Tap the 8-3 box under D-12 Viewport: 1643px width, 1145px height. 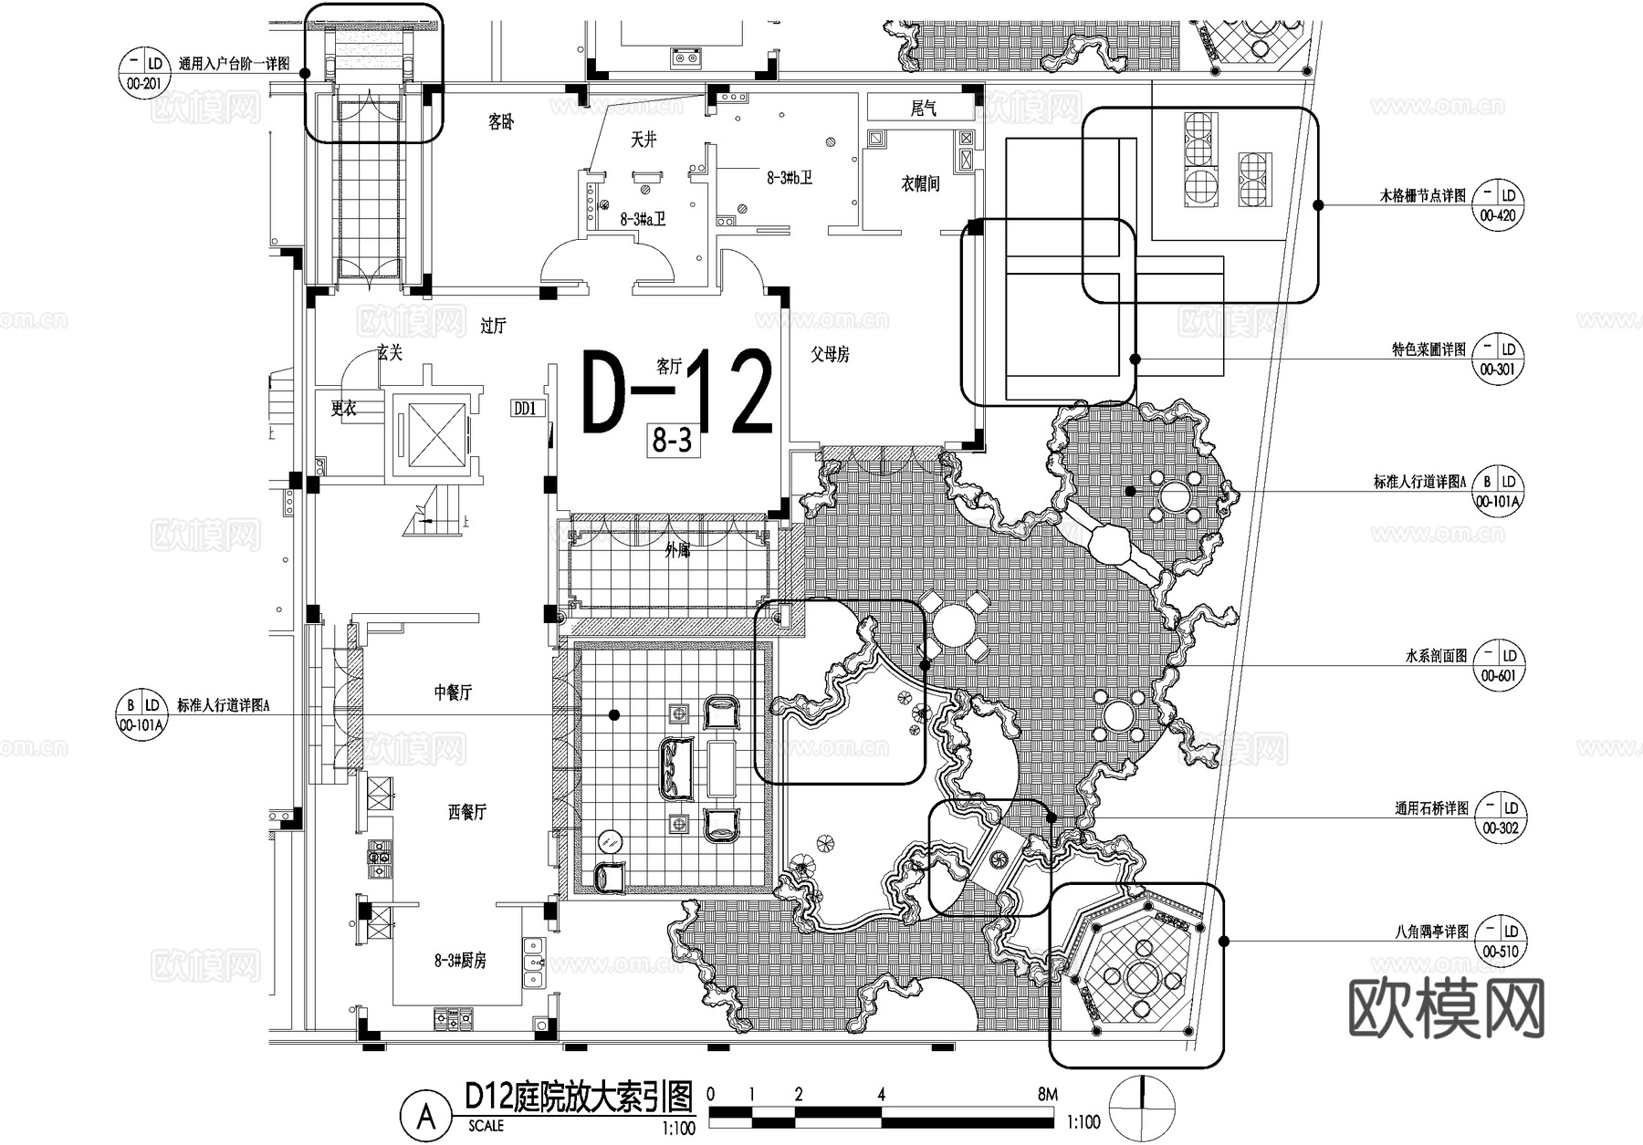(673, 441)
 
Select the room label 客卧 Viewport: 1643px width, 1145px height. (500, 121)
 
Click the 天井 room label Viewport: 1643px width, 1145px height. (644, 140)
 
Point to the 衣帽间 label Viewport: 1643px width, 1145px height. (920, 184)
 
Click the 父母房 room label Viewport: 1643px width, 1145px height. (830, 354)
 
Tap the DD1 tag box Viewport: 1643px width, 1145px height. (526, 408)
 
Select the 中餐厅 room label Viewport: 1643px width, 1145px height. (453, 692)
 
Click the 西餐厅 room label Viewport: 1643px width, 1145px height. (466, 812)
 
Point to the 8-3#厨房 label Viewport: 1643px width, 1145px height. (460, 961)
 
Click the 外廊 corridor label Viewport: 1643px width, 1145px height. (677, 550)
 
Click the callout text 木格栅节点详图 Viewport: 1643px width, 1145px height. (1422, 196)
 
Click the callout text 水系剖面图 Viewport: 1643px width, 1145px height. (1436, 656)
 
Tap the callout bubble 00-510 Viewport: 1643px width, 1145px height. (1500, 942)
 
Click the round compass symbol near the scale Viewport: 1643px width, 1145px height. (1142, 1107)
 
